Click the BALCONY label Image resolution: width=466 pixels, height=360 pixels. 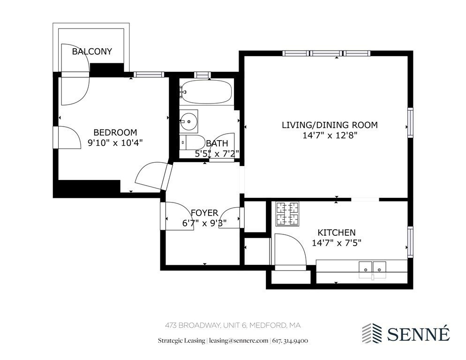(x=92, y=52)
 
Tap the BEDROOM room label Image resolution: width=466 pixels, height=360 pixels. (x=115, y=132)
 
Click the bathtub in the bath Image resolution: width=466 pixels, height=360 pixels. (x=206, y=92)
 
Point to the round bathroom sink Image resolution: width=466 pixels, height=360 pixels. (x=189, y=121)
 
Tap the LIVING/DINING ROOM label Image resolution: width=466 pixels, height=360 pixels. (x=329, y=125)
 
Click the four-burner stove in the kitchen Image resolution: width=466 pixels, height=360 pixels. (x=287, y=213)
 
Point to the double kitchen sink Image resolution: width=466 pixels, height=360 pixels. (x=373, y=267)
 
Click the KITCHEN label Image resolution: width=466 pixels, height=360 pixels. (x=336, y=232)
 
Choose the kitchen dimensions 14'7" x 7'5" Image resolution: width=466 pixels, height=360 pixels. (x=336, y=243)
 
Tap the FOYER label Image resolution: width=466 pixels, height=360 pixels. (x=204, y=213)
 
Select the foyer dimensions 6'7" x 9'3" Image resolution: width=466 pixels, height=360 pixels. (x=204, y=223)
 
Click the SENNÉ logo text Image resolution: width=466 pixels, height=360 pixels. (x=418, y=334)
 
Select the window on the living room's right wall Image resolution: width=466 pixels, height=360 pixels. (x=410, y=123)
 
